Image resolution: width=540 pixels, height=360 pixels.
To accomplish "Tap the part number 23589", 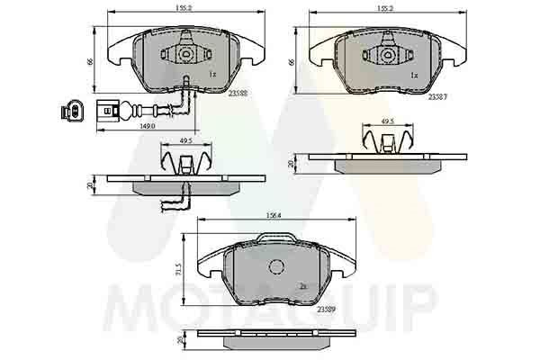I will pyautogui.click(x=328, y=308).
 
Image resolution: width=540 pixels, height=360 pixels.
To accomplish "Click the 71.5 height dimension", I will pyautogui.click(x=180, y=270).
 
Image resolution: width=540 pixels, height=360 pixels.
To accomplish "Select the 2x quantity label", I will pyautogui.click(x=304, y=285).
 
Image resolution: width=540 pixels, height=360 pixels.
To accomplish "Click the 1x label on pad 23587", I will pyautogui.click(x=414, y=76).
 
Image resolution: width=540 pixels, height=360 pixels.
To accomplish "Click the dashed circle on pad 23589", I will pyautogui.click(x=277, y=266).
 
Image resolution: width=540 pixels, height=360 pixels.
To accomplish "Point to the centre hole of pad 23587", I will pyautogui.click(x=388, y=55).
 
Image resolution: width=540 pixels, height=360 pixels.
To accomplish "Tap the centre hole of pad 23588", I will pyautogui.click(x=184, y=55).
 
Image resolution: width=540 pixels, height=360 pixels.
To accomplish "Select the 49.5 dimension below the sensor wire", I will pyautogui.click(x=185, y=140).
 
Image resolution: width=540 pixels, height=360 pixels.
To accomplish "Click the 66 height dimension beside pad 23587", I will pyautogui.click(x=292, y=62).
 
